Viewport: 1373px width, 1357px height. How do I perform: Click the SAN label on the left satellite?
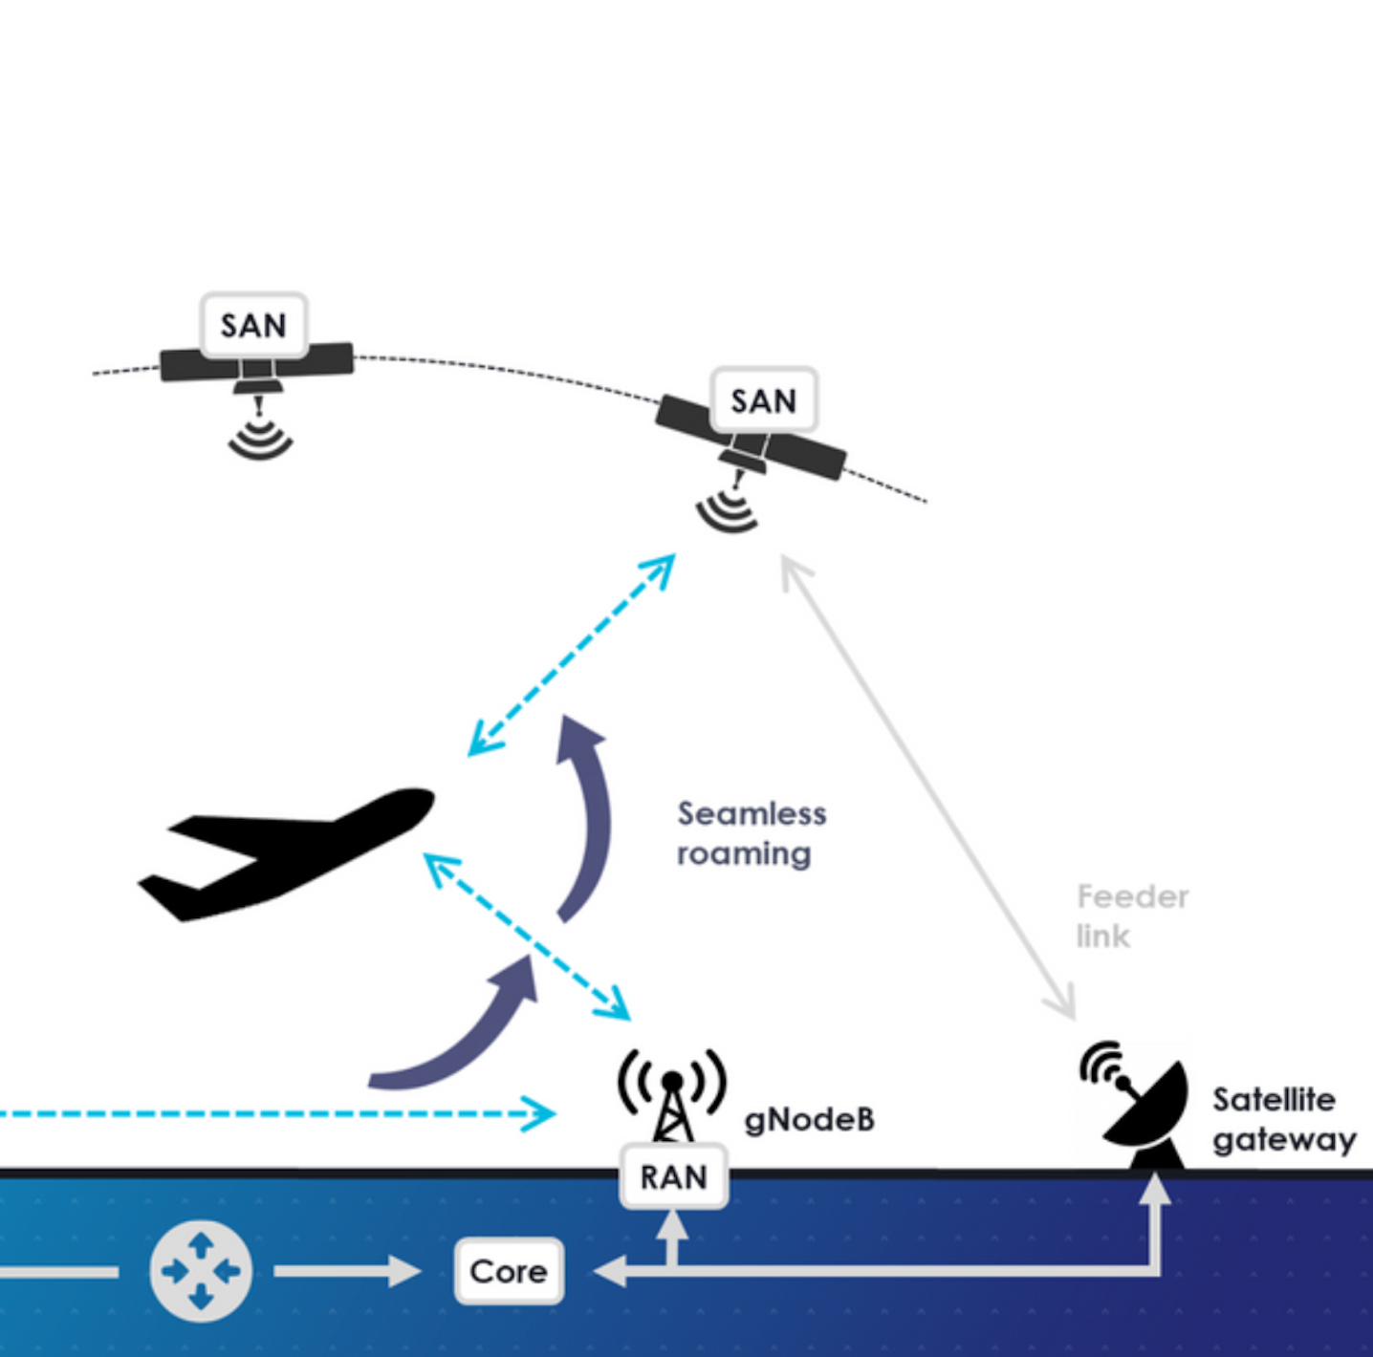pos(254,326)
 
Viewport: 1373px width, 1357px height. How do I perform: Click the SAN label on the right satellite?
pos(764,400)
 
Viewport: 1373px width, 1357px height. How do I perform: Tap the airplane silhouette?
pos(286,854)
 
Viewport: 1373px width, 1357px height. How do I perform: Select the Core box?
pos(510,1272)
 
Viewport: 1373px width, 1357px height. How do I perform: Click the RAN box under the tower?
pos(674,1176)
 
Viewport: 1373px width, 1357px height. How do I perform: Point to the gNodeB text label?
pos(810,1121)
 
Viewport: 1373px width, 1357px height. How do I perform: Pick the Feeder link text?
pos(1132,916)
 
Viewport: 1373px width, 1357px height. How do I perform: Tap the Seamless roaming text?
pos(752,833)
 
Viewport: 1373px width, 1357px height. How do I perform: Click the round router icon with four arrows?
pos(201,1272)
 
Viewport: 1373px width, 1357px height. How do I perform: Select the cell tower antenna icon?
pos(672,1097)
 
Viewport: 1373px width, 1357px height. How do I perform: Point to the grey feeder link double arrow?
pos(928,787)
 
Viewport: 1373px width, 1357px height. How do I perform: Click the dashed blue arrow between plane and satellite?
pos(571,655)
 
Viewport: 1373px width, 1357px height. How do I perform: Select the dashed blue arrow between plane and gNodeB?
pos(527,937)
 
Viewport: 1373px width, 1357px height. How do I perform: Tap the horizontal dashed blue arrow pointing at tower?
pos(278,1113)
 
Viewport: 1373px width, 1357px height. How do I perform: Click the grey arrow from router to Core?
pos(348,1272)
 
